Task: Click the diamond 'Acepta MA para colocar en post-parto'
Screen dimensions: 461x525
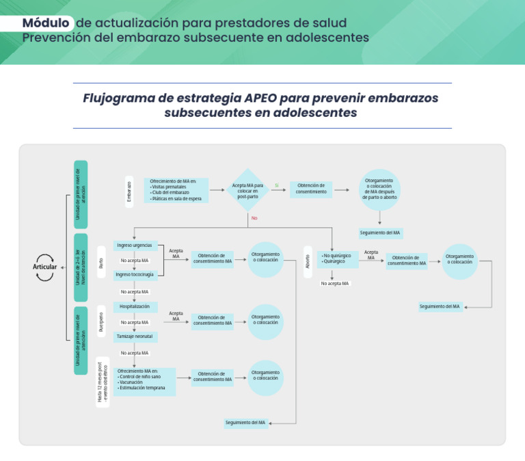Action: coord(247,189)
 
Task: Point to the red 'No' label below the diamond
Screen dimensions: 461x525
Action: coord(254,218)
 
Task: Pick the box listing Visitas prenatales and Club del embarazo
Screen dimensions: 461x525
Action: coord(177,189)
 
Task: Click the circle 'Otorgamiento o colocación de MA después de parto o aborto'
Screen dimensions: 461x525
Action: coord(379,189)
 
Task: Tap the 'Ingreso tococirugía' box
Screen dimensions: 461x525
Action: coord(135,275)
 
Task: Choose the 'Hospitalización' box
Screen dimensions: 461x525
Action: coord(135,307)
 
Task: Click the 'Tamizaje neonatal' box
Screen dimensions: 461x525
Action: coord(135,337)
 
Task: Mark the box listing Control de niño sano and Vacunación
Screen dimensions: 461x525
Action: coord(145,382)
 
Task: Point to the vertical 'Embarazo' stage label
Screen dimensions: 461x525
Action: coord(129,191)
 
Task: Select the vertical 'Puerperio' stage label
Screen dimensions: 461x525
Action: coord(101,322)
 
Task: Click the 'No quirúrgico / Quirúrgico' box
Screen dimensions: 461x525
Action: coord(337,259)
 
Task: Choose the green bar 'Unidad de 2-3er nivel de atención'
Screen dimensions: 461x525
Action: coord(81,267)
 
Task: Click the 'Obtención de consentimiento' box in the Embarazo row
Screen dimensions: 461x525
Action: coord(310,189)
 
